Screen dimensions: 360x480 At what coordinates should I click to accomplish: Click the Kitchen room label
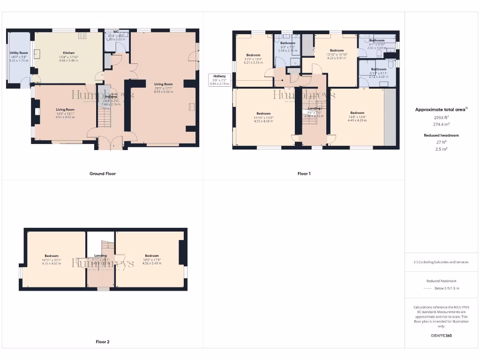[x=69, y=53]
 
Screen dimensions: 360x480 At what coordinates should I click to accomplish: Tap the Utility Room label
[x=19, y=53]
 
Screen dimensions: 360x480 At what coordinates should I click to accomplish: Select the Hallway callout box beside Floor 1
[x=219, y=80]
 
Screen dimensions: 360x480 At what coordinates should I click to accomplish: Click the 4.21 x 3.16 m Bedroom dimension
[x=253, y=62]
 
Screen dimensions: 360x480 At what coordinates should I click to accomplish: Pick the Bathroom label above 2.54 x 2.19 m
[x=287, y=43]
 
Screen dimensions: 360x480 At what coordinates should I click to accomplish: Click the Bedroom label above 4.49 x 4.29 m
[x=357, y=113]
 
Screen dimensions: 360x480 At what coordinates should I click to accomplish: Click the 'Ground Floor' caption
[x=103, y=173]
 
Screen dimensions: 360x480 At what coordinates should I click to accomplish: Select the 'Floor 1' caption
[x=304, y=173]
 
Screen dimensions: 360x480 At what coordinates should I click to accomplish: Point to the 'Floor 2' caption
[x=103, y=342]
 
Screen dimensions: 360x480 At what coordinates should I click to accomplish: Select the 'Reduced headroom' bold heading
[x=441, y=135]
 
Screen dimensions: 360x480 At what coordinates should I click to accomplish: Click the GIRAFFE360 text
[x=441, y=336]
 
